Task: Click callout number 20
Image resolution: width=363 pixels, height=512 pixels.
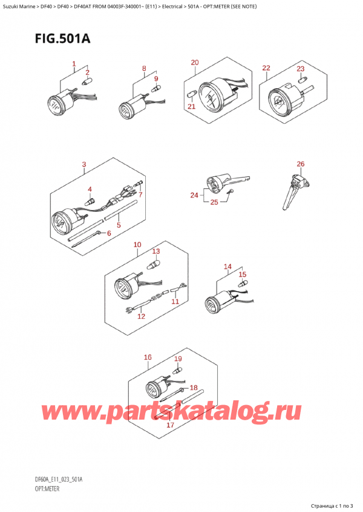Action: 194,63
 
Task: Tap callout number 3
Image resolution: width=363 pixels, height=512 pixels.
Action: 83,164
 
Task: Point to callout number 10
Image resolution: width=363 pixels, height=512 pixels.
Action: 137,245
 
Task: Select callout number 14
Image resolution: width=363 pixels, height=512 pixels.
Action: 227,266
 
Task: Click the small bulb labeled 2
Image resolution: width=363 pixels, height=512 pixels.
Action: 87,83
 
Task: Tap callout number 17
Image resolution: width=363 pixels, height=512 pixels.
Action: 170,426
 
